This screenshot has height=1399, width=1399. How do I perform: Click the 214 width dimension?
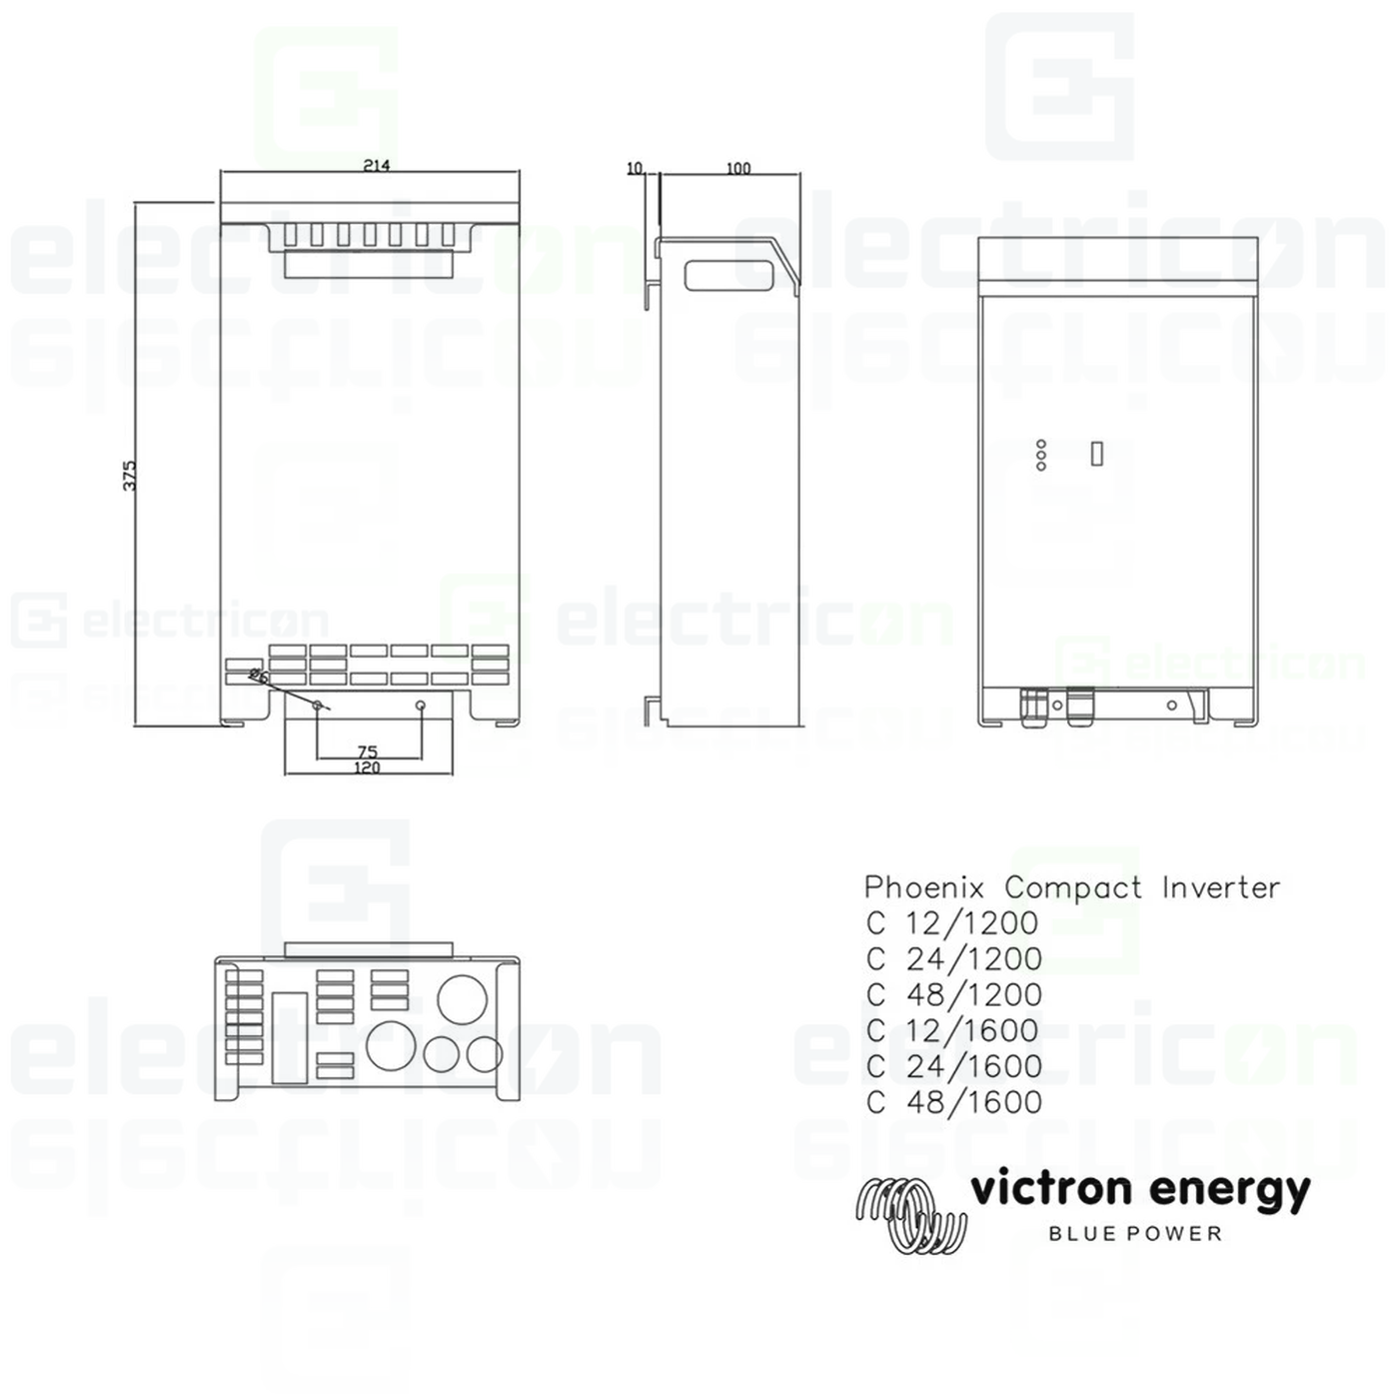click(x=376, y=166)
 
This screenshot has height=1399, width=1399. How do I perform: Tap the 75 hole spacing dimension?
click(x=367, y=751)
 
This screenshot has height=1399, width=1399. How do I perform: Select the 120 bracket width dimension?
click(x=367, y=767)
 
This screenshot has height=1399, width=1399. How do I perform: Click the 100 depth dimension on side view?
click(x=737, y=168)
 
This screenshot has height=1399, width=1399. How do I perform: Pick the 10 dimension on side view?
click(x=635, y=168)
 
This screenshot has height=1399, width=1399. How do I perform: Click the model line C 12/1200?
click(x=953, y=923)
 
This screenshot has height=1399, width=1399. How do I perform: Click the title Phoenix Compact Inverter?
click(x=1071, y=887)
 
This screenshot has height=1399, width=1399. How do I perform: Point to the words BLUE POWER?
click(x=1135, y=1234)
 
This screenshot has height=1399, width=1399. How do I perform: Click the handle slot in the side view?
click(x=731, y=275)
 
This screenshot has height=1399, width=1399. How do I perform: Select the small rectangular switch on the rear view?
click(x=1096, y=453)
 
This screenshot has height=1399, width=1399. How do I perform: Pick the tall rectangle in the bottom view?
click(x=289, y=1038)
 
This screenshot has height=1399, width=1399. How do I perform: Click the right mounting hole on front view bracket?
click(x=421, y=705)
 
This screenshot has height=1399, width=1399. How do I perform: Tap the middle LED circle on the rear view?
click(x=1041, y=455)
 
